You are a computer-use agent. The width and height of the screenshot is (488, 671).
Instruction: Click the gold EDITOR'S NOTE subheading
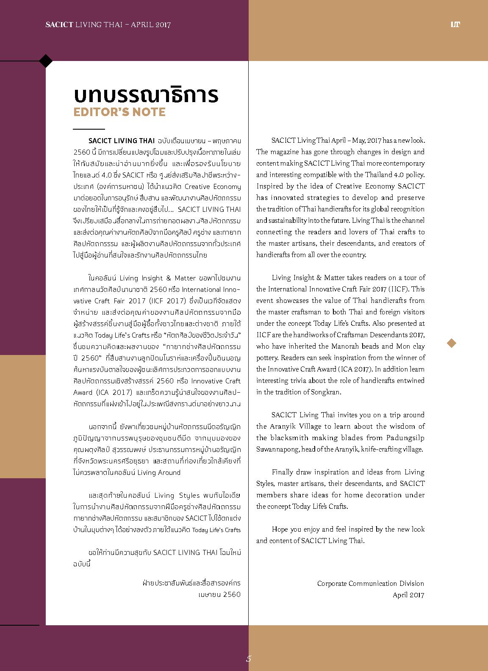119,112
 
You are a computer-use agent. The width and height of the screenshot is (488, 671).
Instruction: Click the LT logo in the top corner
455,25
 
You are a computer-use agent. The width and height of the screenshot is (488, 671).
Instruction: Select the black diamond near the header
46,61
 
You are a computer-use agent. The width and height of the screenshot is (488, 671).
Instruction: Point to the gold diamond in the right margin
452,343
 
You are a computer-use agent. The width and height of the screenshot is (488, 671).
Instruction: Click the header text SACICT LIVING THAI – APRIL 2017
108,25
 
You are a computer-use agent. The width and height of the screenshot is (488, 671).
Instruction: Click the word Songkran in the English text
326,392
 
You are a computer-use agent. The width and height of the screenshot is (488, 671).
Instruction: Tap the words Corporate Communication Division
370,583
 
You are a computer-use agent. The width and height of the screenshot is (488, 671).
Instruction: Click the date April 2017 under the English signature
408,595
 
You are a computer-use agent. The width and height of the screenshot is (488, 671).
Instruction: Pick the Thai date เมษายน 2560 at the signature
219,594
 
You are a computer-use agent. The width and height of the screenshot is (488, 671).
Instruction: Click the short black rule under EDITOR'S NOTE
89,128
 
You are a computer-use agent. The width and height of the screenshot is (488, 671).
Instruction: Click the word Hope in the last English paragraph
280,529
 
